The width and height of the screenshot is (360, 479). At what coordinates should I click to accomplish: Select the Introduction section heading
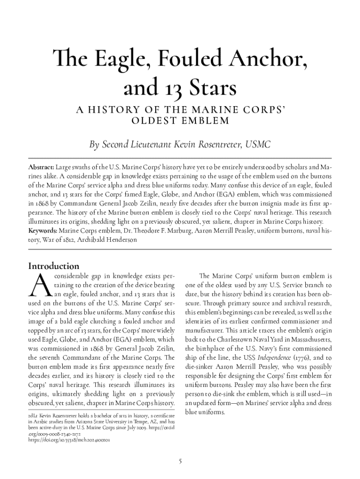click(x=53, y=266)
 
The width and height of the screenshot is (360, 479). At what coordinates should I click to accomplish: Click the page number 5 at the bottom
click(x=180, y=461)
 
